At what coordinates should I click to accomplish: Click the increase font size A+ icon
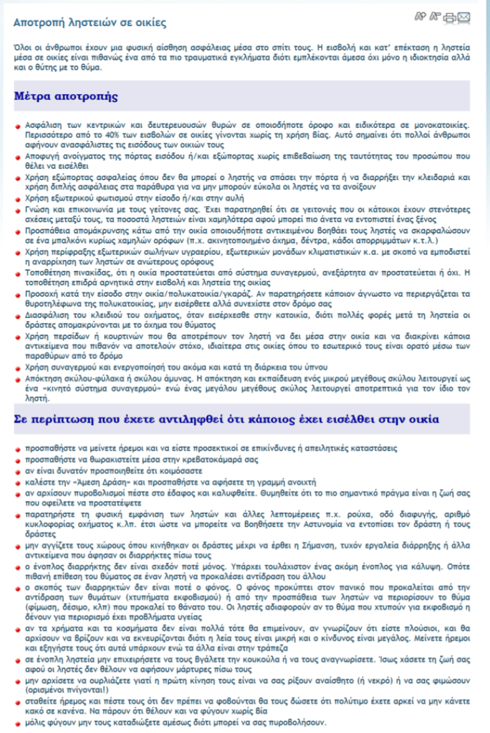click(421, 16)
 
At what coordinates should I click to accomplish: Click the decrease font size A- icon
click(435, 16)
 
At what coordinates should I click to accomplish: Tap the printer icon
click(449, 17)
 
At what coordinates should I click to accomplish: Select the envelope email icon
click(463, 17)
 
